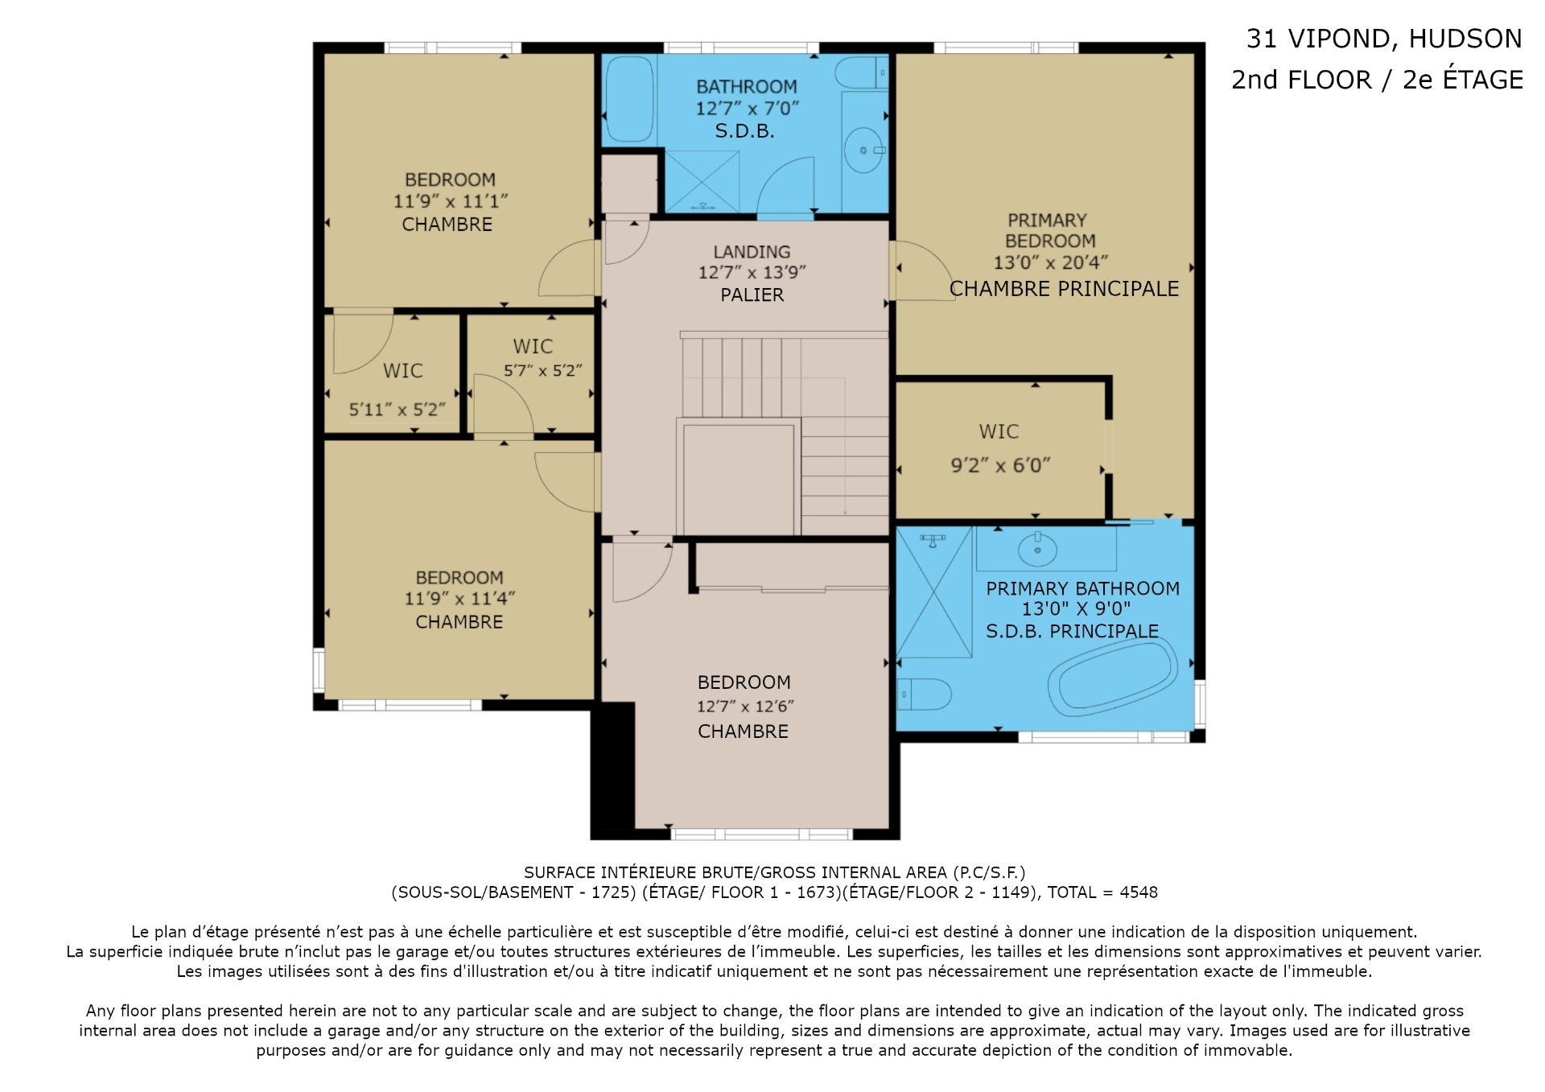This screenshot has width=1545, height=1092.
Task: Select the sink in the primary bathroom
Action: [1037, 549]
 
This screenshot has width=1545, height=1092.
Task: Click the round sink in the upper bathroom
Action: [864, 150]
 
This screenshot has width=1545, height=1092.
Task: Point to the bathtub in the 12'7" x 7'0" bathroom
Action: [629, 99]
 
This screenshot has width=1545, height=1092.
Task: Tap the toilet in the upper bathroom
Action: [862, 73]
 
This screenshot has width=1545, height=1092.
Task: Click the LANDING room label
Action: [752, 252]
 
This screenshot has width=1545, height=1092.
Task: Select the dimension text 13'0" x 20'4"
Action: [1050, 262]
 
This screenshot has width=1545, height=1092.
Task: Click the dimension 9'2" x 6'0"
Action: [1000, 465]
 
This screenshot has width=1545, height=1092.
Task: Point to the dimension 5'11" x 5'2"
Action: [397, 410]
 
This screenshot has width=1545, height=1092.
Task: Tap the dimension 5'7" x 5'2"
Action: [542, 371]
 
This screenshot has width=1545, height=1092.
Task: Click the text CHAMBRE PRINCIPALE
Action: [1064, 289]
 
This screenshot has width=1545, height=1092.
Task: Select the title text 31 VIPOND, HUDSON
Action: [1384, 39]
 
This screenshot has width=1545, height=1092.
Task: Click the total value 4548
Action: [1139, 892]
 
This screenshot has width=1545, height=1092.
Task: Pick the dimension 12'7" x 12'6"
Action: [745, 707]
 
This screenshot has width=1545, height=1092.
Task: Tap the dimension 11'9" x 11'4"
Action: [459, 599]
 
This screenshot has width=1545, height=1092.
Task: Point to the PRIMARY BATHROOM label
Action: [1082, 589]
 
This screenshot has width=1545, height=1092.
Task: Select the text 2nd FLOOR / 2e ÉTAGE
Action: [1377, 80]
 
